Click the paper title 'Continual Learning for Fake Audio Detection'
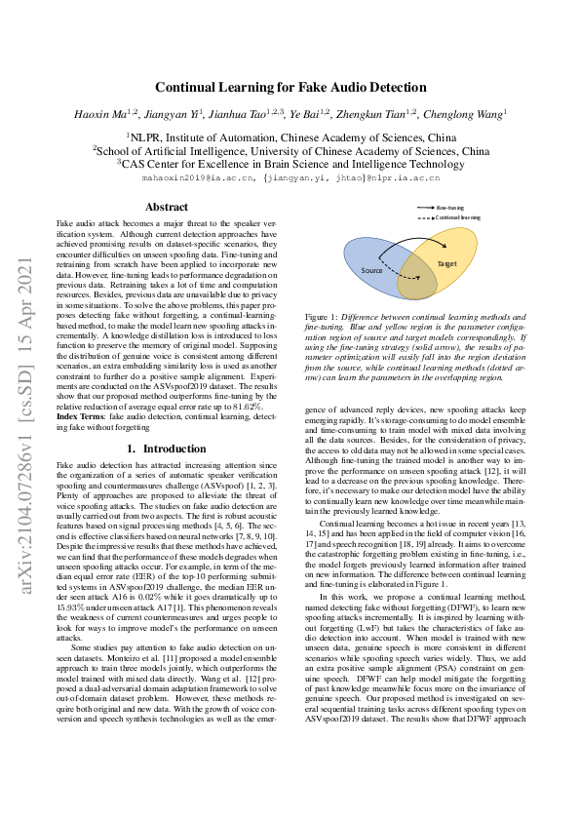pyautogui.click(x=290, y=87)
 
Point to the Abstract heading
pyautogui.click(x=166, y=207)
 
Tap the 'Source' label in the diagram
pyautogui.click(x=371, y=270)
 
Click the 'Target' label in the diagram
pyautogui.click(x=447, y=264)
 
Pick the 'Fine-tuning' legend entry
pyautogui.click(x=449, y=209)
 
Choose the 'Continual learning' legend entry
pyautogui.click(x=457, y=217)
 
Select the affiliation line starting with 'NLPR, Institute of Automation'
pyautogui.click(x=290, y=138)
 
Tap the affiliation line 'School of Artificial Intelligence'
pyautogui.click(x=290, y=152)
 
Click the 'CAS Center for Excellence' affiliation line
pyautogui.click(x=290, y=166)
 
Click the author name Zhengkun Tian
pyautogui.click(x=379, y=114)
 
